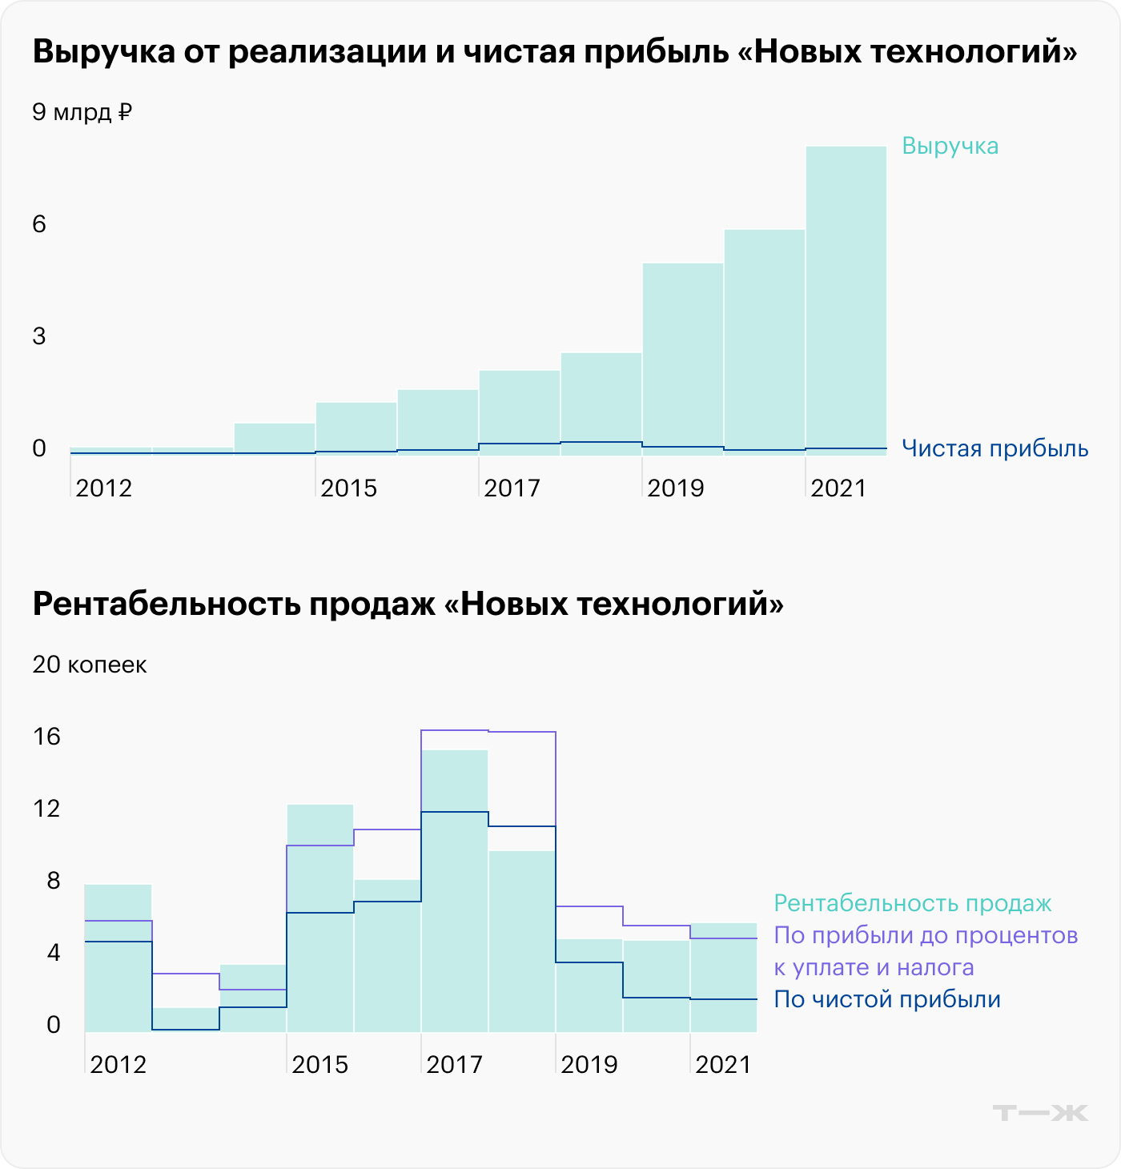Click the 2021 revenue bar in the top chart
coord(846,296)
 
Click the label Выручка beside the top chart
coord(950,146)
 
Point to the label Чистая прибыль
coord(994,448)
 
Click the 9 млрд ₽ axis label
coord(82,112)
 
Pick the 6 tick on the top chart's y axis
coord(39,224)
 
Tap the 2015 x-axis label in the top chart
coord(348,488)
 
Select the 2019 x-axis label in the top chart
coord(675,488)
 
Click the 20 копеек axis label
coord(90,665)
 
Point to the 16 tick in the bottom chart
coord(46,737)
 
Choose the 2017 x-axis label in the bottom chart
coord(454,1065)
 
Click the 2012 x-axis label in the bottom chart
coord(118,1065)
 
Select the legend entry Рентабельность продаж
coord(912,904)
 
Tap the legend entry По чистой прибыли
coord(886,1000)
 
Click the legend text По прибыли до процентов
coord(925,936)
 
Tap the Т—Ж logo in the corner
coord(1039,1113)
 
